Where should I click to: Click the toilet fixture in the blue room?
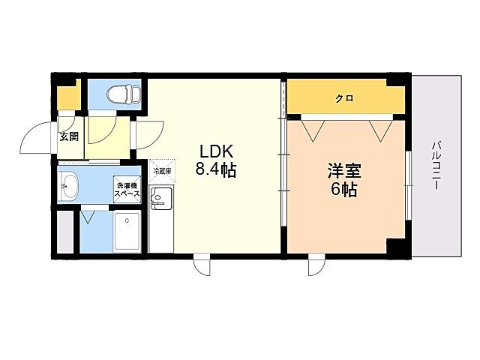point(121,94)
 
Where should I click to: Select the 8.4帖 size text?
point(216,170)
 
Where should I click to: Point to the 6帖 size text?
point(343,189)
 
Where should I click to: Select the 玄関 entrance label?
point(69,136)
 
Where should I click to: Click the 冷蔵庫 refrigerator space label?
point(162,171)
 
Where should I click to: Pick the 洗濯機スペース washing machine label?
point(127,189)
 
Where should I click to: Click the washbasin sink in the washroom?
point(69,186)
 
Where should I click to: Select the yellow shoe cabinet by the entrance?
point(69,95)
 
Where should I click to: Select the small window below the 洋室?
point(316,265)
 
